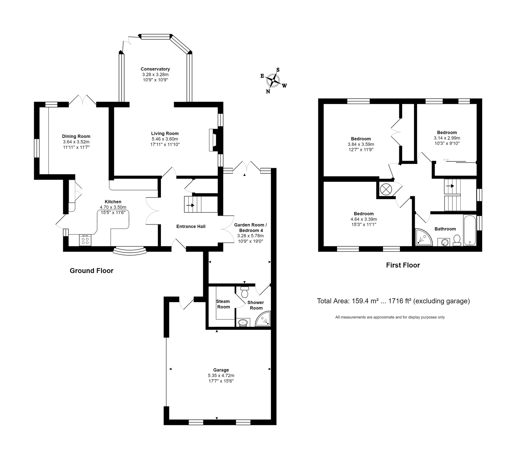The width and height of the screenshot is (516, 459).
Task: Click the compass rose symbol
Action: click(x=274, y=81)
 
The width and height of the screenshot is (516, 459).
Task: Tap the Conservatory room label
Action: click(x=155, y=69)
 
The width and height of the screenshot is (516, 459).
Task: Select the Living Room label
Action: click(x=165, y=133)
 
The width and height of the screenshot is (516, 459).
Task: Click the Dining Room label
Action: click(x=76, y=136)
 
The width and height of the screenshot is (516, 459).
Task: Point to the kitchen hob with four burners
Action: click(x=85, y=240)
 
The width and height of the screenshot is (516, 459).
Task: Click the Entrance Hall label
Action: click(x=191, y=226)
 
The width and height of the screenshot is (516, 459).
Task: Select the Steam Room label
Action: click(x=223, y=304)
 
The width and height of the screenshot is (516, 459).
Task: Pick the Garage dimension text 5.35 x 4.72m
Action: click(x=221, y=375)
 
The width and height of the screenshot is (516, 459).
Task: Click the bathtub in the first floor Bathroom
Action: click(x=470, y=230)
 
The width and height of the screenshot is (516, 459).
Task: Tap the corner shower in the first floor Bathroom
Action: click(x=423, y=238)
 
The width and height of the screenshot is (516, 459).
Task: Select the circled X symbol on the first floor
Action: click(x=385, y=189)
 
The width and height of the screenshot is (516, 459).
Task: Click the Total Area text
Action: click(x=393, y=301)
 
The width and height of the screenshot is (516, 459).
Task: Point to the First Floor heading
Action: click(x=403, y=265)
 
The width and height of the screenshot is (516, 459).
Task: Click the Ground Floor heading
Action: click(x=92, y=270)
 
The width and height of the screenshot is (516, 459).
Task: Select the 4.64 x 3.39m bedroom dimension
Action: click(x=364, y=219)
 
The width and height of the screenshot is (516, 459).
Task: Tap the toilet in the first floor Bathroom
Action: click(x=457, y=240)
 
